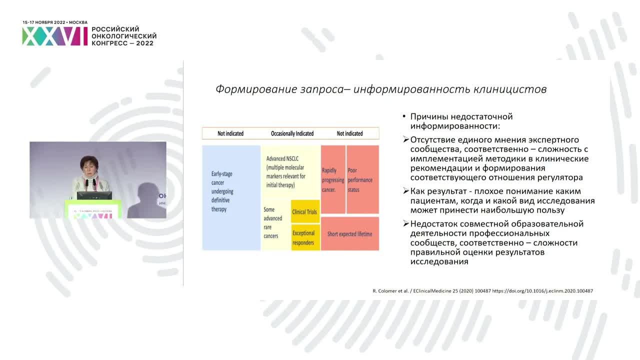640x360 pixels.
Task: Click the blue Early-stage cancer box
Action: pyautogui.click(x=231, y=197)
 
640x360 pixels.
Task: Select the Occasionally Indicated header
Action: pyautogui.click(x=292, y=133)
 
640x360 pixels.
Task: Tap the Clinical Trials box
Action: pyautogui.click(x=305, y=211)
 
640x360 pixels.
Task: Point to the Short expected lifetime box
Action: pyautogui.click(x=349, y=233)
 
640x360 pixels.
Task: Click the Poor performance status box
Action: pyautogui.click(x=362, y=179)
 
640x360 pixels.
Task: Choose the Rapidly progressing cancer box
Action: pyautogui.click(x=333, y=179)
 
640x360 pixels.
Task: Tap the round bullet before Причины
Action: pyautogui.click(x=404, y=117)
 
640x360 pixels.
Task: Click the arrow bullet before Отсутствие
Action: pyautogui.click(x=406, y=140)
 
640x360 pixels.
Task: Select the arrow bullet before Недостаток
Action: pyautogui.click(x=406, y=224)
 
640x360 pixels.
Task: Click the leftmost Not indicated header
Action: pyautogui.click(x=230, y=133)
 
